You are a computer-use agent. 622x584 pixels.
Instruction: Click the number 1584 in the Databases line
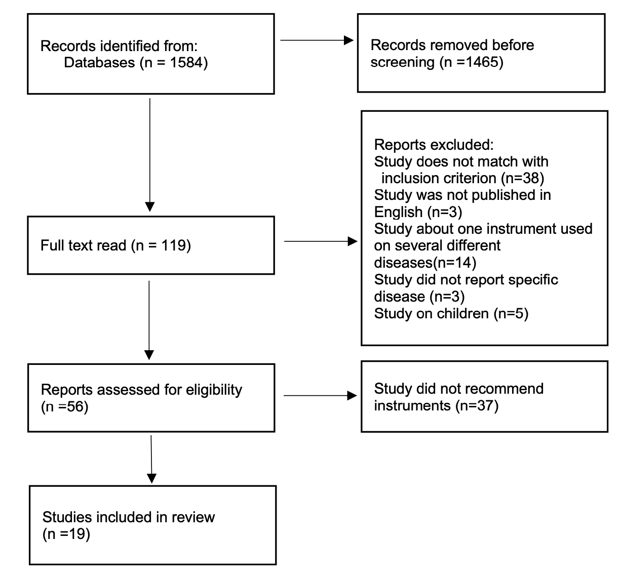[x=186, y=63]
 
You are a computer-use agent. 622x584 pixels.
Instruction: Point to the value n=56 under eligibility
[x=65, y=407]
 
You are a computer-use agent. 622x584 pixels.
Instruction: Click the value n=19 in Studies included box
[x=66, y=534]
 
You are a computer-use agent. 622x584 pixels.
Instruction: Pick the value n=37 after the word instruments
[x=477, y=406]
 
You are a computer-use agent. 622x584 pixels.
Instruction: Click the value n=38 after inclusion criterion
[x=522, y=179]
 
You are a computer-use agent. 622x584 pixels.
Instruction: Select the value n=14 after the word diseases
[x=454, y=263]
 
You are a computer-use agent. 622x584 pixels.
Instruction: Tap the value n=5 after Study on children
[x=511, y=314]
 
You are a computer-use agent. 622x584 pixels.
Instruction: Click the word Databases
[x=99, y=63]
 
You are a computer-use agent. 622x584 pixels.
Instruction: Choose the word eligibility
[x=214, y=390]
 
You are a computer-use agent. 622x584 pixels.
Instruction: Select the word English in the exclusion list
[x=399, y=213]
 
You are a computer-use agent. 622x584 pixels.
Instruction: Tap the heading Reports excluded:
[x=434, y=145]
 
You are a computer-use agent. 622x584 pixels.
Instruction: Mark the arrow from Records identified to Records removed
[x=317, y=40]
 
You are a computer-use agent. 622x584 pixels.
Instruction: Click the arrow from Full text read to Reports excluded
[x=321, y=241]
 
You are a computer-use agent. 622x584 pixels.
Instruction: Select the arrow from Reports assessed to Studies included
[x=151, y=460]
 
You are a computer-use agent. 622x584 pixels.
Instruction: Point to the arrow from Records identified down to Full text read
[x=150, y=155]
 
